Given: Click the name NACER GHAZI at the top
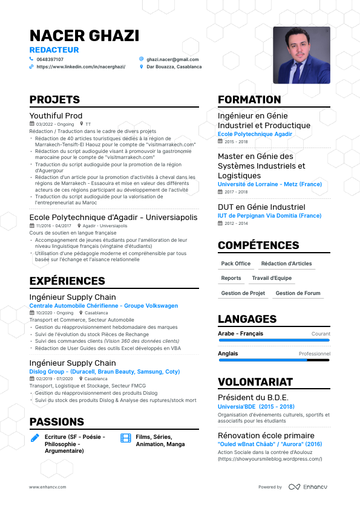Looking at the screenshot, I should pyautogui.click(x=84, y=36).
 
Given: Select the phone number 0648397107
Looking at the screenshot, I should pyautogui.click(x=50, y=59).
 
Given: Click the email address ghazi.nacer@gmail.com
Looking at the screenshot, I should pyautogui.click(x=172, y=59).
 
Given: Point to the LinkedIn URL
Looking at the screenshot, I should pyautogui.click(x=80, y=67).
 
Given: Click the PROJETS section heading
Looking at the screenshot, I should pyautogui.click(x=54, y=100).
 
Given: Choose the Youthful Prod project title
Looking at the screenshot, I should pyautogui.click(x=56, y=115).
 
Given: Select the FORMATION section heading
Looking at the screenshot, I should pyautogui.click(x=249, y=100).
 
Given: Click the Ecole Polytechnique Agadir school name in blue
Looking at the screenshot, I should pyautogui.click(x=255, y=134).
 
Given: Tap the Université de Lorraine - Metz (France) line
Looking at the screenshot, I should pyautogui.click(x=270, y=184).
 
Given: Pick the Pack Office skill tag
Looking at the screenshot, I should pyautogui.click(x=236, y=264).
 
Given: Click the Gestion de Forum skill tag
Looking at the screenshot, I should pyautogui.click(x=298, y=293).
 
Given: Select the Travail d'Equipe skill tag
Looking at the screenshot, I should pyautogui.click(x=272, y=278).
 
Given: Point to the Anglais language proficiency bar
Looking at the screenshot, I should pyautogui.click(x=273, y=360).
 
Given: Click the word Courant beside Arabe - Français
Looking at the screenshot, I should pyautogui.click(x=321, y=334).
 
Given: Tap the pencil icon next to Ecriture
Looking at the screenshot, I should pyautogui.click(x=35, y=437).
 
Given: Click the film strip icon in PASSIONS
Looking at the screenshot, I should pyautogui.click(x=126, y=437).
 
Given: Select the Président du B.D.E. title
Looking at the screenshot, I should pyautogui.click(x=253, y=397).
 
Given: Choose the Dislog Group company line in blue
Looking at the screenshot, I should pyautogui.click(x=105, y=371).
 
